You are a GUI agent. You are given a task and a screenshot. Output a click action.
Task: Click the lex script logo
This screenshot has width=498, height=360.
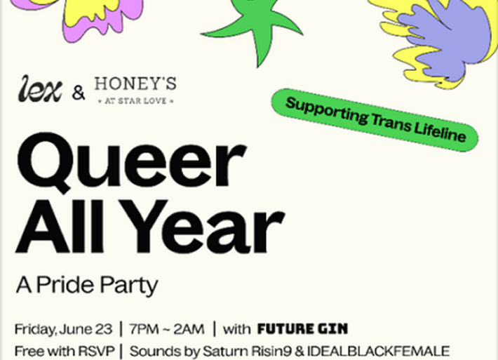click(x=40, y=88)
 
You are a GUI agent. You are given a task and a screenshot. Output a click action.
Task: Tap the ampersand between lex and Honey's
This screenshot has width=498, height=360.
click(x=79, y=93)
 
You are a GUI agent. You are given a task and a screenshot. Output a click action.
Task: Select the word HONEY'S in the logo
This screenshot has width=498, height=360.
click(x=135, y=84)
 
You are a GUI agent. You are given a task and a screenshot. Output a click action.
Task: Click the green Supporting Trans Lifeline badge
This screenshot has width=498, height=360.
click(x=375, y=120)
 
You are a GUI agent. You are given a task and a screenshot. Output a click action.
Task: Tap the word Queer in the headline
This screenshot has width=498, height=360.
click(x=132, y=161)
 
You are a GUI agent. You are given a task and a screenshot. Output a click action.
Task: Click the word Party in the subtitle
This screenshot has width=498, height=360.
click(x=130, y=286)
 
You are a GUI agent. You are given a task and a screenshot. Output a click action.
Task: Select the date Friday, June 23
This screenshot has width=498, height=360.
click(x=64, y=329)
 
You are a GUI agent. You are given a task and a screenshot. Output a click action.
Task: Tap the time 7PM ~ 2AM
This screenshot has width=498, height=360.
click(x=167, y=329)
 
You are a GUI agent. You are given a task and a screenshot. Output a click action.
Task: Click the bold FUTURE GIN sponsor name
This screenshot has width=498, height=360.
click(x=302, y=329)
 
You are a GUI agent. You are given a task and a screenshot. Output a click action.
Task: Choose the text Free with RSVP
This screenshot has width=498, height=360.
click(x=65, y=351)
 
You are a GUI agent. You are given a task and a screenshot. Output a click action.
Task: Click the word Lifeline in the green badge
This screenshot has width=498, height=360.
click(x=440, y=131)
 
